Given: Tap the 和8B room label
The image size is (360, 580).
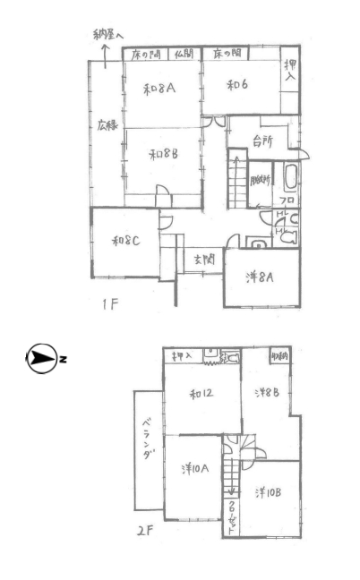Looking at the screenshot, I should pos(161,154).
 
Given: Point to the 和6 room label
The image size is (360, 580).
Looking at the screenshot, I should pos(237,86).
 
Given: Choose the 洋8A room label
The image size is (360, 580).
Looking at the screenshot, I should pos(260,277).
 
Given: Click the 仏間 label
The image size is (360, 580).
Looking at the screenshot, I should pos(184,55).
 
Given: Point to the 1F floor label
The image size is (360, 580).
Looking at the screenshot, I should pos(108,304).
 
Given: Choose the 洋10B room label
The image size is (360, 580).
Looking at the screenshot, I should pos(269,492).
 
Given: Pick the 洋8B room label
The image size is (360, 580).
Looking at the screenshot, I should pos(267,393).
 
